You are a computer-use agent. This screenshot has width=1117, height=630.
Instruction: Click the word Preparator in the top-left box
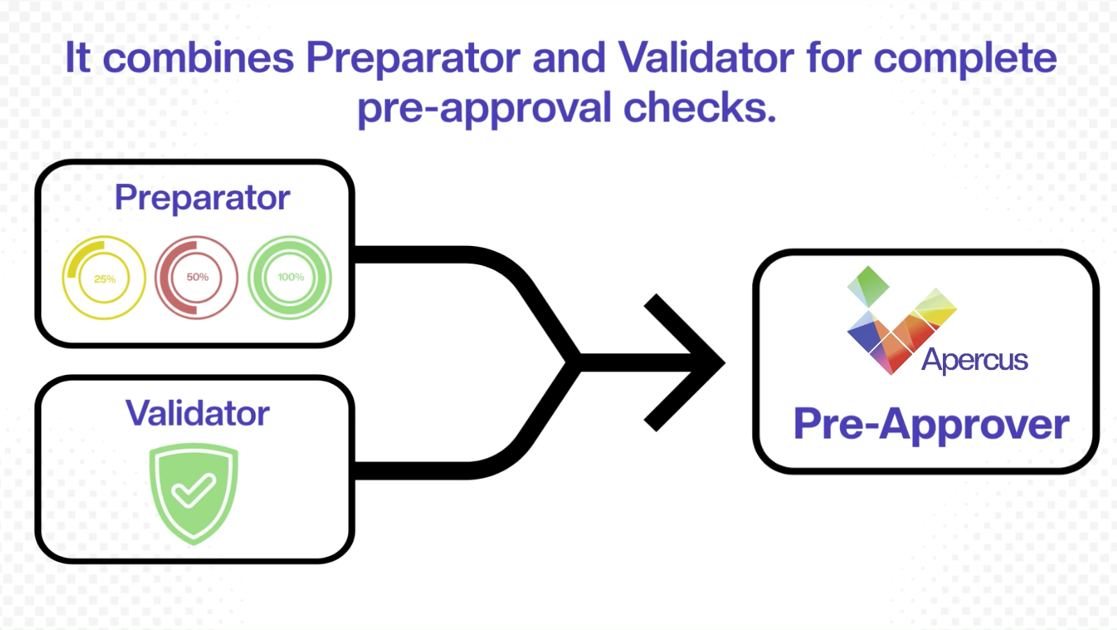[x=202, y=197]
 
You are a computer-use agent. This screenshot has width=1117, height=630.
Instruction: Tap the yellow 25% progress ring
[x=104, y=277]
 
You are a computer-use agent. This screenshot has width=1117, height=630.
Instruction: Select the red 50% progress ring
[x=196, y=277]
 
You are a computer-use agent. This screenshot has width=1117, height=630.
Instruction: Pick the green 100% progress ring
[x=290, y=277]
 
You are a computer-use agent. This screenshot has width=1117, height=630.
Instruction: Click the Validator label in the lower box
[x=197, y=413]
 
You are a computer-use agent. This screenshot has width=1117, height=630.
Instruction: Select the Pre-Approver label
[x=931, y=424]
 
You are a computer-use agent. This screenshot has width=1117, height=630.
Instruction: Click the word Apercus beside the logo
[x=974, y=360]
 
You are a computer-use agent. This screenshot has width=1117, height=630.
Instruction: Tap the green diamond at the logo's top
[x=868, y=284]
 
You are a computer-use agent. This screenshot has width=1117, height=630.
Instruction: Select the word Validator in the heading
[x=705, y=58]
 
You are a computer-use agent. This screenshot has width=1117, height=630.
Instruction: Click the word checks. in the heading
[x=699, y=109]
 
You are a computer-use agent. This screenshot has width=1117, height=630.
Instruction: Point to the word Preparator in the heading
[x=413, y=58]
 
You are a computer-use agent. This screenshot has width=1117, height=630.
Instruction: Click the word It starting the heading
[x=77, y=58]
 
